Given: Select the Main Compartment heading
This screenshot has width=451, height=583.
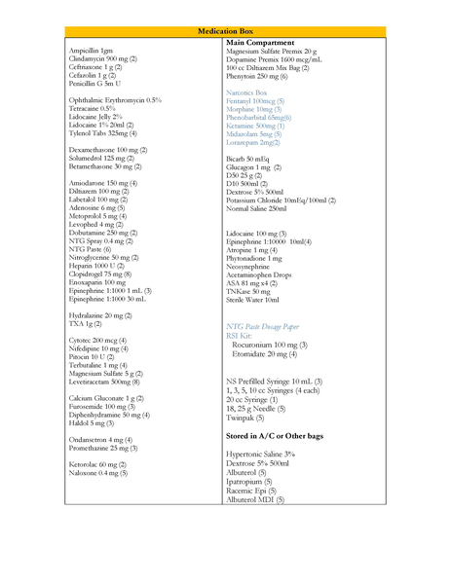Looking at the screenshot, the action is [x=261, y=43].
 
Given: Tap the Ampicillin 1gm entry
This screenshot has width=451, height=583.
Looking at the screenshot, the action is [x=92, y=50].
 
